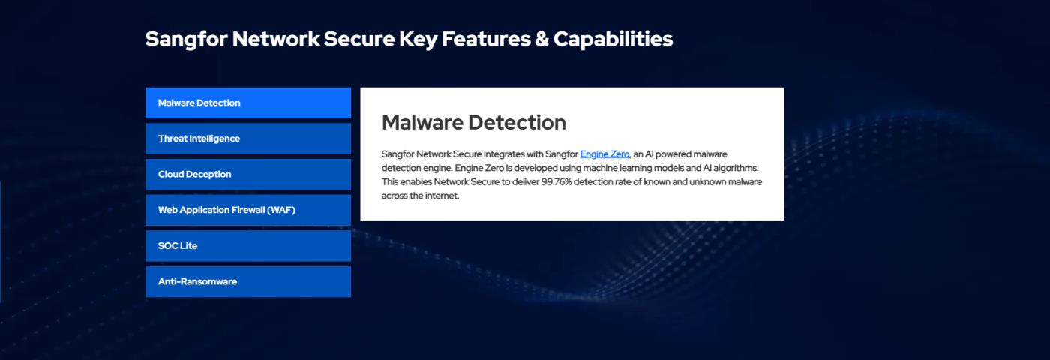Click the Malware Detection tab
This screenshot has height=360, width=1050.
tap(248, 103)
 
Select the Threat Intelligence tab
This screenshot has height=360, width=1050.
tap(248, 139)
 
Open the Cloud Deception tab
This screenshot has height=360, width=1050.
tap(248, 174)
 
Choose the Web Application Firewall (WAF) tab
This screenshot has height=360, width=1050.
tap(248, 210)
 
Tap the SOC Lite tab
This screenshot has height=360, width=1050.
tap(248, 246)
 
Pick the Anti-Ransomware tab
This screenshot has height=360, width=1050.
tap(248, 282)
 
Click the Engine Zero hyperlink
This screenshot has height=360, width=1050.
tap(604, 154)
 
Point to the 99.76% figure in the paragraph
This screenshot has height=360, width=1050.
tap(556, 181)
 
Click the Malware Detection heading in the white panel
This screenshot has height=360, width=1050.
tap(474, 123)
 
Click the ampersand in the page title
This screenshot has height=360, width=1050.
tap(541, 39)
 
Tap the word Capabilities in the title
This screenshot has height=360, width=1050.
tap(613, 39)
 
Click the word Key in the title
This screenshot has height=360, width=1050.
tap(418, 40)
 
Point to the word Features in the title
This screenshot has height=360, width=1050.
tap(486, 39)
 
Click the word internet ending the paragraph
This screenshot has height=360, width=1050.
tap(442, 196)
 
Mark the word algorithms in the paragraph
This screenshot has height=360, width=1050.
tap(736, 168)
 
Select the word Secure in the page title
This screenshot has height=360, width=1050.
tap(359, 39)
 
